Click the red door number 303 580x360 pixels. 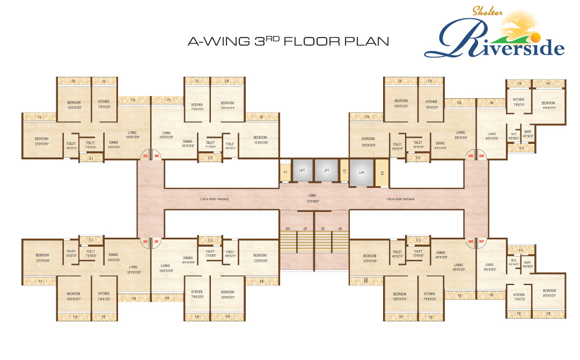(x=145, y=157)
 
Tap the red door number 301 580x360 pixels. (x=157, y=241)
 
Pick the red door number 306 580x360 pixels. (x=482, y=157)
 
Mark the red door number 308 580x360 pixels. (x=470, y=241)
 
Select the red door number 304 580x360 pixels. (x=157, y=157)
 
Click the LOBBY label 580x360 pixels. (x=314, y=196)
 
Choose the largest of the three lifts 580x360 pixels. (x=362, y=173)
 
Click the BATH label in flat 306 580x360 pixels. (x=528, y=131)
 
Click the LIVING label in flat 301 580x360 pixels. (x=165, y=266)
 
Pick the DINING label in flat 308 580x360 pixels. (x=441, y=253)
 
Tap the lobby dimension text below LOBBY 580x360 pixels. (x=314, y=202)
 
